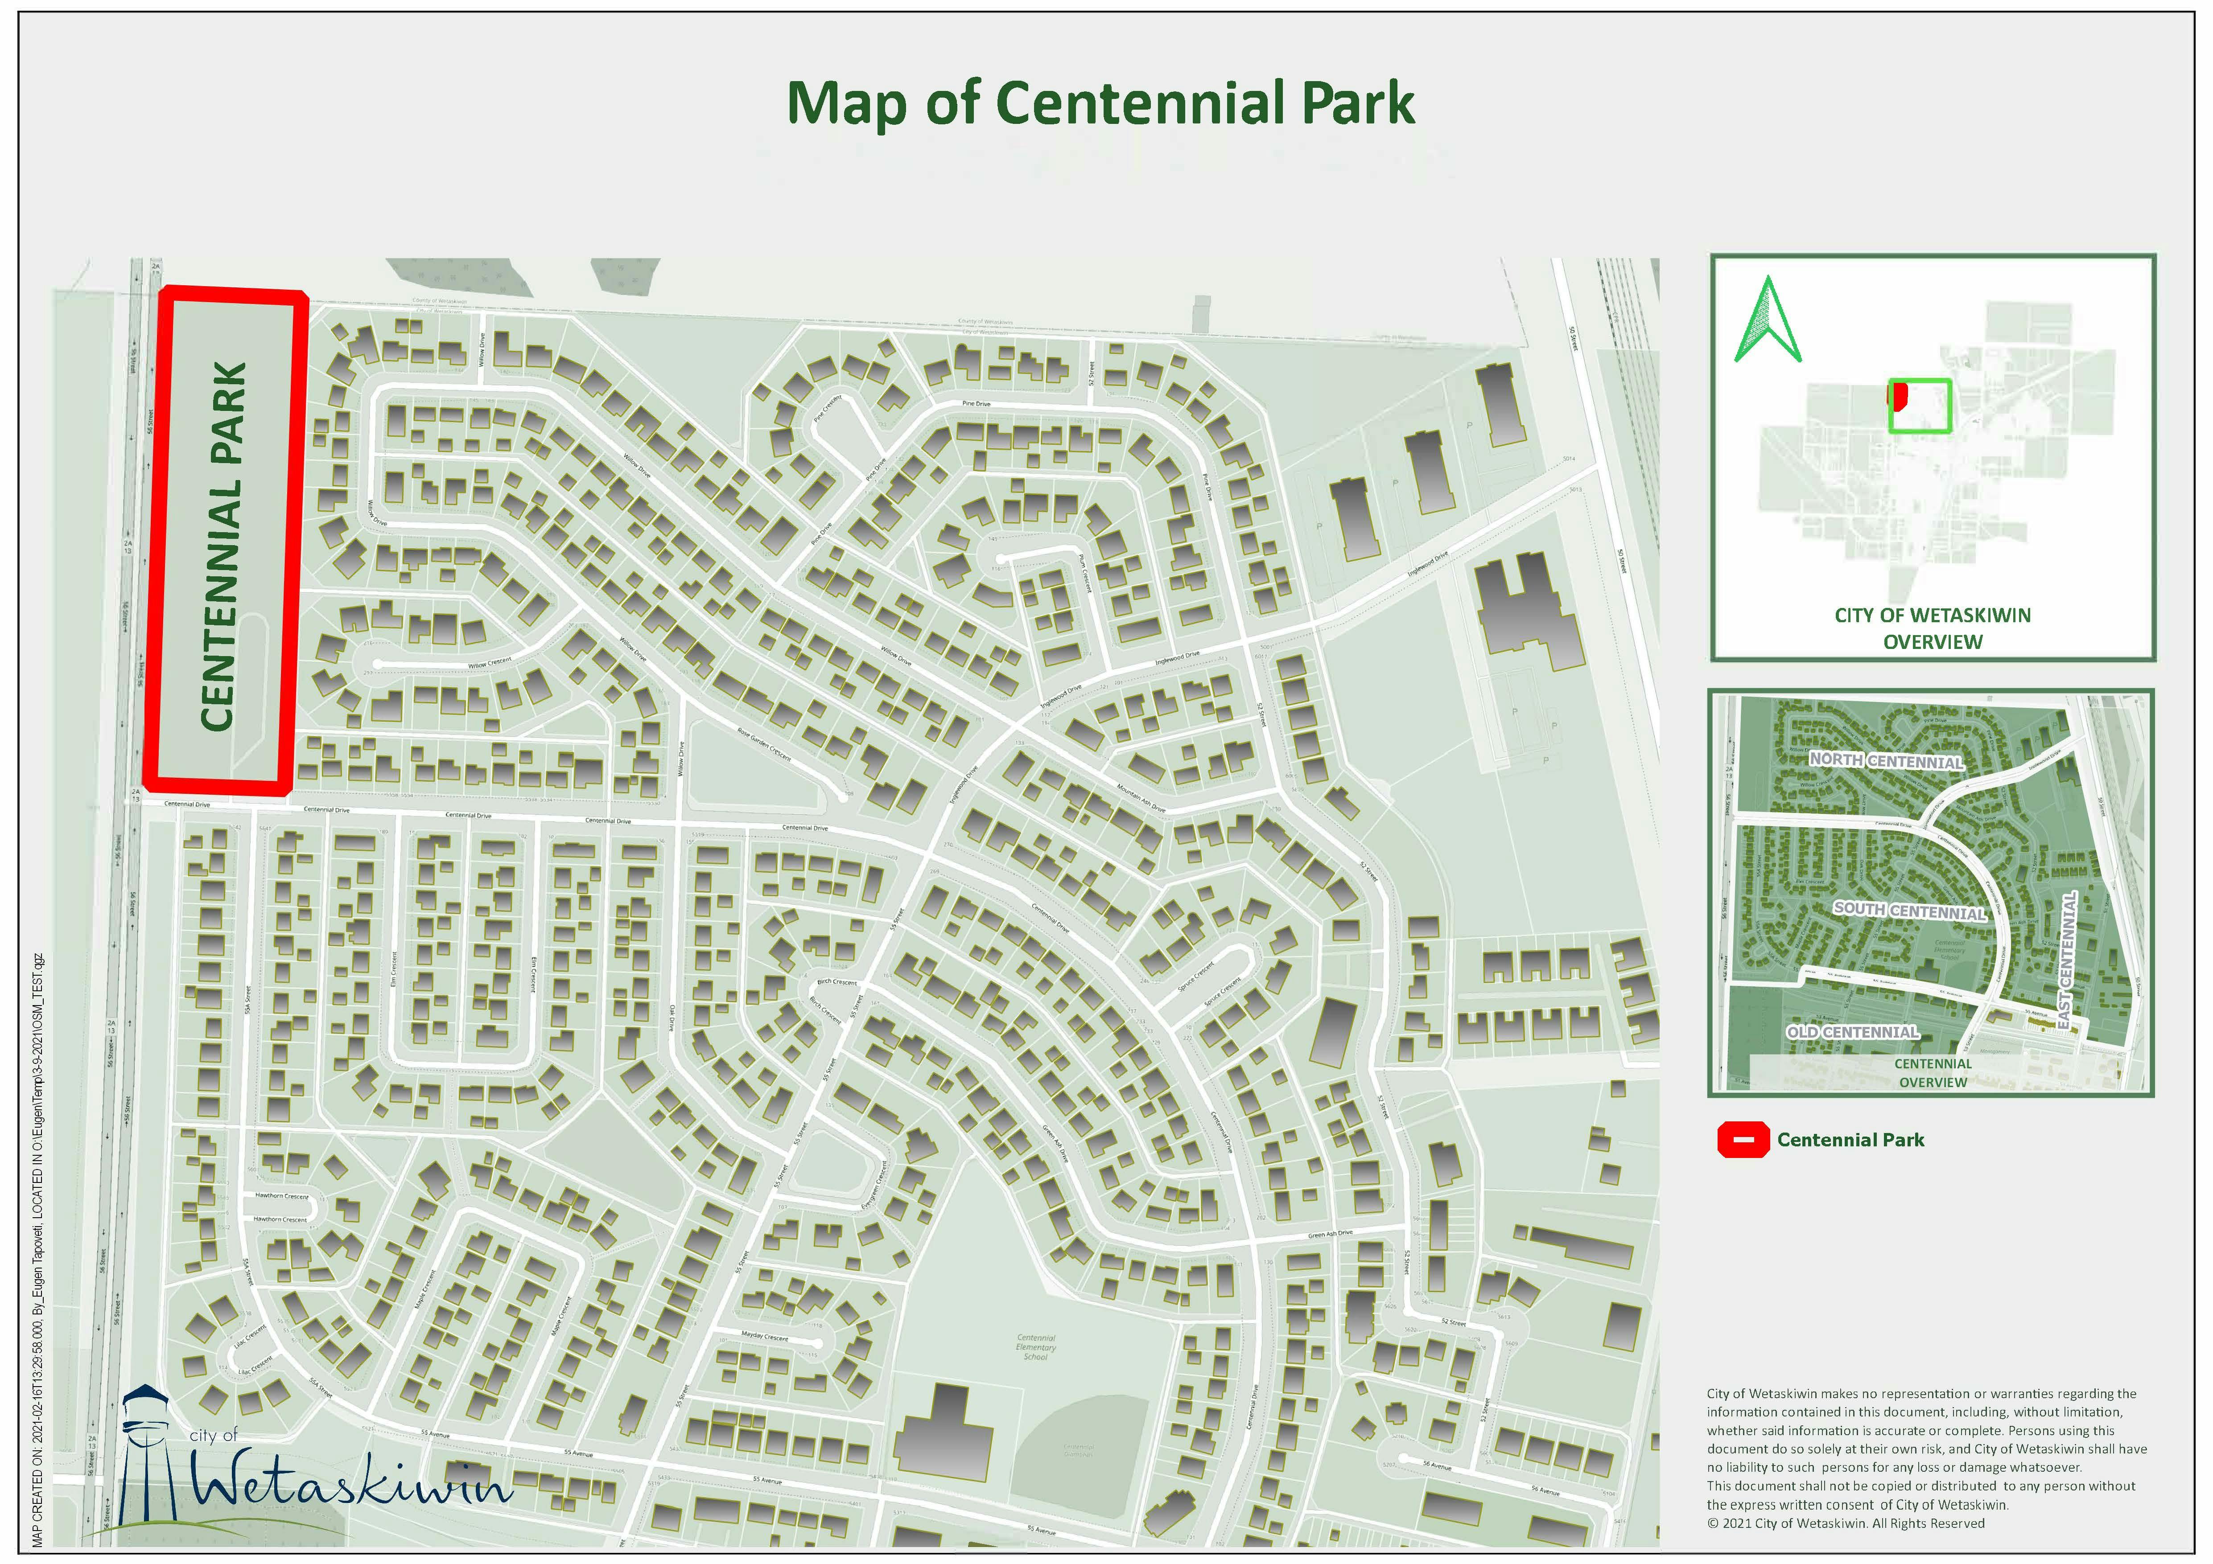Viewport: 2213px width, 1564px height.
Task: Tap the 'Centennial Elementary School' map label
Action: pos(1036,1347)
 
